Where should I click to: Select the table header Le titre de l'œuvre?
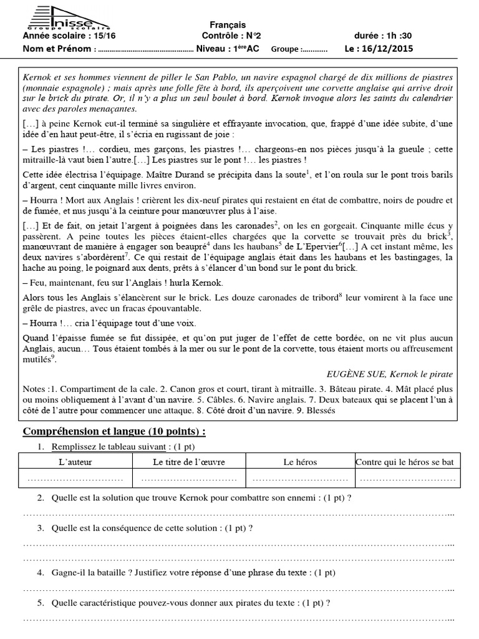(189, 462)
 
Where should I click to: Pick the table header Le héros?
(300, 462)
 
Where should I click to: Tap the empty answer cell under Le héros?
(300, 478)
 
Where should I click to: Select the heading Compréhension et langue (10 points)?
(114, 432)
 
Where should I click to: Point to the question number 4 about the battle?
(40, 572)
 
